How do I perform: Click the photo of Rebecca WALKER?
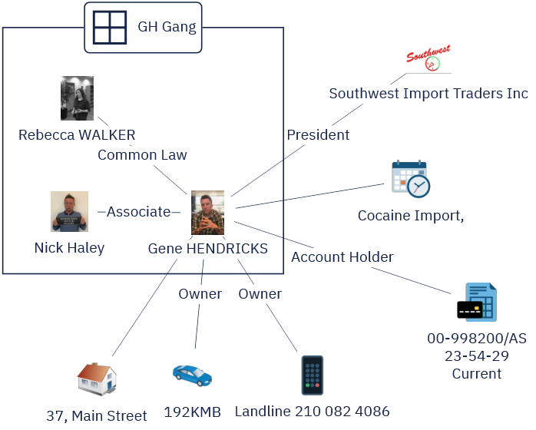(x=77, y=98)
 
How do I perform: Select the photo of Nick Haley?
(x=69, y=211)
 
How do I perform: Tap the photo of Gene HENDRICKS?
(x=207, y=213)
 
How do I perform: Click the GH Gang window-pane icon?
(x=109, y=27)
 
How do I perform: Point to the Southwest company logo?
(x=428, y=59)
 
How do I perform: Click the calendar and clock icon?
(x=410, y=179)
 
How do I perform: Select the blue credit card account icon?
(x=477, y=303)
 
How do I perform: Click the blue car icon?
(x=192, y=375)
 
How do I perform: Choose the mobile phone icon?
(x=312, y=375)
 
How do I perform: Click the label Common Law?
(x=142, y=155)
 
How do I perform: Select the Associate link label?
(x=138, y=212)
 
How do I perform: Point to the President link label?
(x=318, y=135)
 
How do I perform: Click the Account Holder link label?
(x=342, y=257)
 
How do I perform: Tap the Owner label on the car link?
(x=200, y=294)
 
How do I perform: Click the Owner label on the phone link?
(x=260, y=294)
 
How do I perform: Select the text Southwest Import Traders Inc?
(x=428, y=94)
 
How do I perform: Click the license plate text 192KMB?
(x=192, y=412)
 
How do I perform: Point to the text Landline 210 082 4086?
(x=312, y=412)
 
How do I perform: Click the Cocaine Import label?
(x=410, y=216)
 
